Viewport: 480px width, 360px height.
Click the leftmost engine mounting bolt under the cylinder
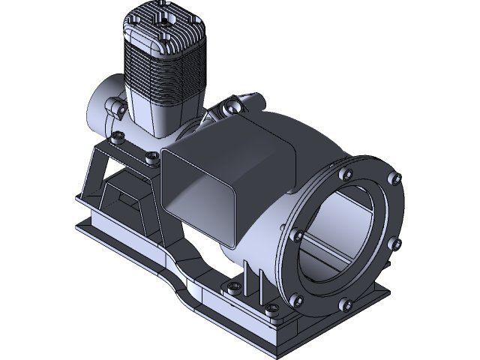(118, 137)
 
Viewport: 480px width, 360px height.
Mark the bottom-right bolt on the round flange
(346, 304)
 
